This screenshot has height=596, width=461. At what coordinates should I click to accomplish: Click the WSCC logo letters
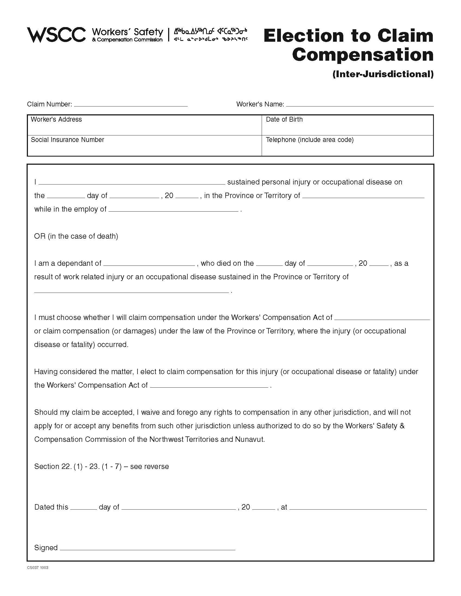click(56, 35)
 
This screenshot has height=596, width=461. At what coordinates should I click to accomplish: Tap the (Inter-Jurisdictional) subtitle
click(383, 74)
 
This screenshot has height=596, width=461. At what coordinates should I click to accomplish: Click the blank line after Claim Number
click(130, 105)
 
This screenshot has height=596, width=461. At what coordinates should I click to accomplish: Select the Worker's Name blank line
click(359, 105)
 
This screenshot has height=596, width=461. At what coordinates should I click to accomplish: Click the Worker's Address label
click(56, 119)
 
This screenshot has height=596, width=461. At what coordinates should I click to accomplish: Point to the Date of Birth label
click(284, 119)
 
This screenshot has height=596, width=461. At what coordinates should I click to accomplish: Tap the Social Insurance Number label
click(68, 140)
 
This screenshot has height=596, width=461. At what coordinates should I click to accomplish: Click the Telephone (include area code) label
click(309, 140)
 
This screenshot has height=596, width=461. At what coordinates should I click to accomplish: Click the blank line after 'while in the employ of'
click(174, 210)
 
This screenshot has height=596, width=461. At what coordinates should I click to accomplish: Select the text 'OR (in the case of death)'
click(76, 236)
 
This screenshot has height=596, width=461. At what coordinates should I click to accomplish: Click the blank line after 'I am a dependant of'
click(149, 264)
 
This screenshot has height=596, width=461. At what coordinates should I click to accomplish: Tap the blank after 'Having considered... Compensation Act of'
click(209, 386)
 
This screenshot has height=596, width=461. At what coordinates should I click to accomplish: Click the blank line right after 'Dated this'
click(84, 508)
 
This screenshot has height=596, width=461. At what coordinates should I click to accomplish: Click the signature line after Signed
click(148, 549)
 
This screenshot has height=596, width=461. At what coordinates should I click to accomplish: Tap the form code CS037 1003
click(38, 568)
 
